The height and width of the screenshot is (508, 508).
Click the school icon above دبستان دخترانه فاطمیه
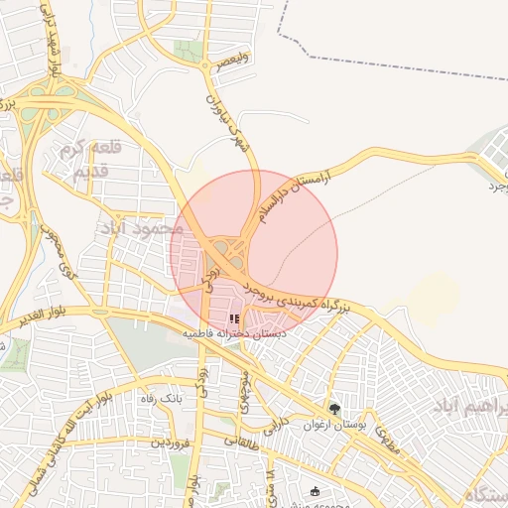(x=234, y=319)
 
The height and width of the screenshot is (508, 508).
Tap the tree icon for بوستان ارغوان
(x=334, y=409)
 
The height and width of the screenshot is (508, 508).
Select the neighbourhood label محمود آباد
(x=142, y=228)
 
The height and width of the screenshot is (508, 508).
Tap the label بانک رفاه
(x=161, y=398)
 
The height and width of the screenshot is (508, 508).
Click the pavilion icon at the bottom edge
(x=316, y=491)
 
